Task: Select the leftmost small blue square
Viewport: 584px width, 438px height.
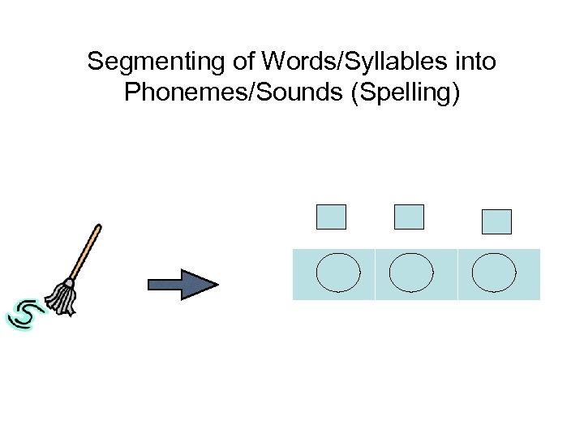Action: pos(330,217)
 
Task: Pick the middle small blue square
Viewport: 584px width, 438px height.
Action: pos(409,217)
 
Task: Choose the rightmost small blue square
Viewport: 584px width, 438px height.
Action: pos(496,221)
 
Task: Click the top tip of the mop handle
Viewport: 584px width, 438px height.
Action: pos(99,226)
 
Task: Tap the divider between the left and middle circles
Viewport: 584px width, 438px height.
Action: pos(376,274)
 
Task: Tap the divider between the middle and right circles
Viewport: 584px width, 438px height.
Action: pos(457,274)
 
